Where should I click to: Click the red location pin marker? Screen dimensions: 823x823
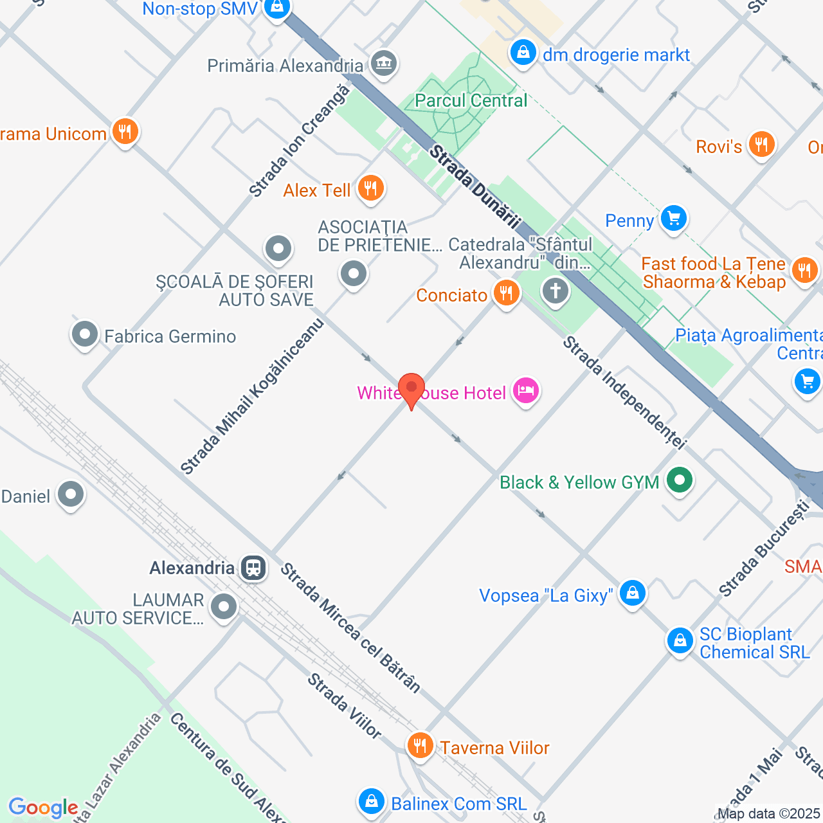click(x=411, y=389)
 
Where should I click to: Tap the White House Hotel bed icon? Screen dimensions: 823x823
click(x=526, y=391)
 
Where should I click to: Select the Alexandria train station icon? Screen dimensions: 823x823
click(x=253, y=568)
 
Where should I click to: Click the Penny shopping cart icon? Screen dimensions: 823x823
click(x=673, y=219)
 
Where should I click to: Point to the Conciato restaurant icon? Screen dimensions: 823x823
click(x=507, y=293)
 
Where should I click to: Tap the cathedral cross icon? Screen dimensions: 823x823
click(x=556, y=291)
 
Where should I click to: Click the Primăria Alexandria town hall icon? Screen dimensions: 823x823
click(x=384, y=64)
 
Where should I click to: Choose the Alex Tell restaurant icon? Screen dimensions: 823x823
click(x=370, y=188)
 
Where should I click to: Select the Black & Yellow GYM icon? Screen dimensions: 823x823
click(x=679, y=480)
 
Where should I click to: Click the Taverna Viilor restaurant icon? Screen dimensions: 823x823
click(x=420, y=746)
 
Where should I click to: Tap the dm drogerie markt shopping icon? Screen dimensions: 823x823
click(x=523, y=53)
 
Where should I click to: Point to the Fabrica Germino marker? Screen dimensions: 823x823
click(x=85, y=334)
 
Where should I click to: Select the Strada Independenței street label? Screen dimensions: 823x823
click(x=624, y=392)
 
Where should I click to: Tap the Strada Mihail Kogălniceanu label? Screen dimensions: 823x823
click(x=252, y=397)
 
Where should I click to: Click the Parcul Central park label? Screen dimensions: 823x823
click(x=471, y=100)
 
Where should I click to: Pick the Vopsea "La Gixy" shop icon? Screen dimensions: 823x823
click(x=632, y=593)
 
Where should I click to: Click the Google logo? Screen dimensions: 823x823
click(x=43, y=808)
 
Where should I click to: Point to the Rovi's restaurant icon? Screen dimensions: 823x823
click(x=761, y=145)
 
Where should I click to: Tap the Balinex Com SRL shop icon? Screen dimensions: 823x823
click(x=371, y=801)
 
